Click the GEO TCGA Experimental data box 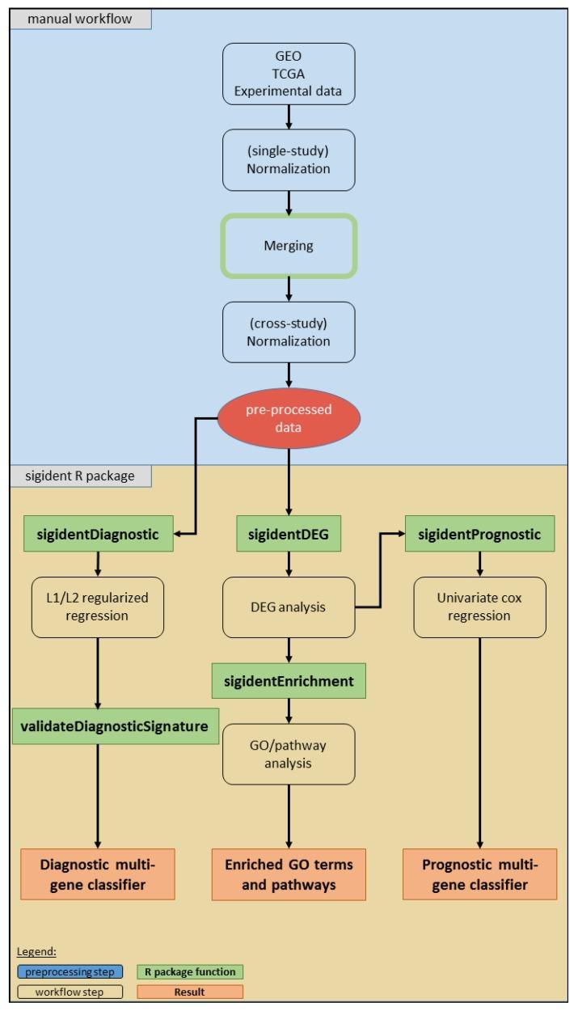pos(289,74)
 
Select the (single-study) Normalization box pos(289,159)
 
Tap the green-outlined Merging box pos(289,246)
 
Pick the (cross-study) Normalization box pos(289,332)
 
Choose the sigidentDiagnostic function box pos(97,534)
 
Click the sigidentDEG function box pos(289,534)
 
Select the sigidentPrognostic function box pos(480,534)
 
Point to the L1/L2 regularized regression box pos(97,606)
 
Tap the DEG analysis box pos(289,606)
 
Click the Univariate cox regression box pos(480,606)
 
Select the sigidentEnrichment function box pos(289,681)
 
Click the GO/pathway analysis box pos(289,754)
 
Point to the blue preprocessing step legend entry pos(70,971)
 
